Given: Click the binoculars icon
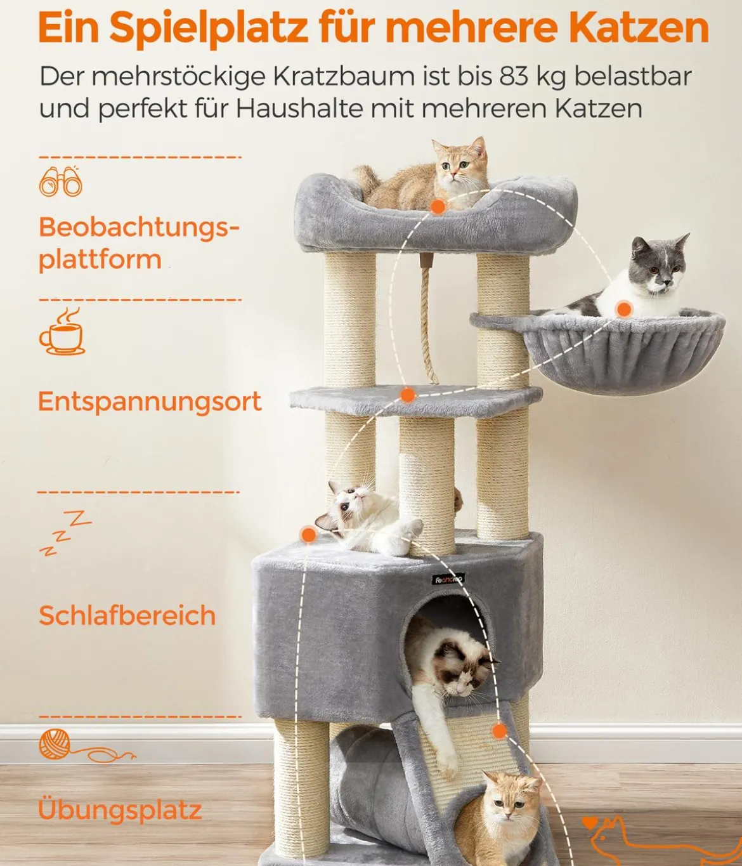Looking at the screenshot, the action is coord(60,182).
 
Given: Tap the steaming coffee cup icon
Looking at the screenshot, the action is coord(62,331).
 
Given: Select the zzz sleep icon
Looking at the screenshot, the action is coord(65,533).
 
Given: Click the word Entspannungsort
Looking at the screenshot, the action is coord(150,402).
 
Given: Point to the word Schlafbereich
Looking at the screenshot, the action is coord(127,615).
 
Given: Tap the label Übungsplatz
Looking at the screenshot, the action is coord(120,809).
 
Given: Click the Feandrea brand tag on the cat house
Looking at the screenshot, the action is coord(448,580).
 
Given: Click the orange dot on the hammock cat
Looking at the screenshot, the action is coord(623,309).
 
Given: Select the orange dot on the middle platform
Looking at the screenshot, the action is coord(407,395).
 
